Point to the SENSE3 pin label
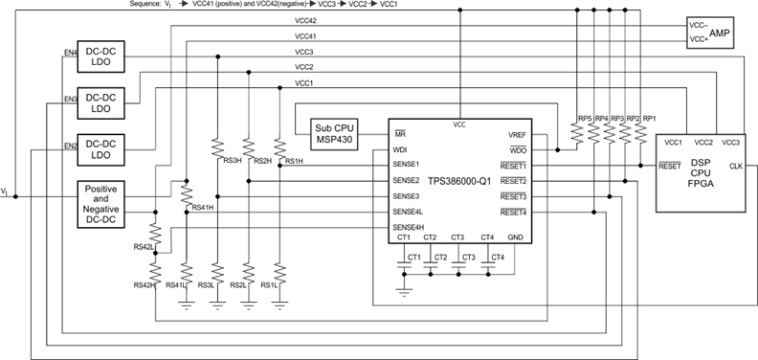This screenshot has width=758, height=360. [408, 195]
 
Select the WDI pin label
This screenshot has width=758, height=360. [400, 149]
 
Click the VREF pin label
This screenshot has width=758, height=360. [516, 135]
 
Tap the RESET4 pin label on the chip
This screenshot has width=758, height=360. [513, 212]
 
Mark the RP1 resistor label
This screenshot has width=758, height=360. [649, 119]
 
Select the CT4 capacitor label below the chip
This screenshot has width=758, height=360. [498, 257]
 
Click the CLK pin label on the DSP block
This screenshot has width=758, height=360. [736, 166]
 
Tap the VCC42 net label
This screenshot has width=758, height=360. [305, 20]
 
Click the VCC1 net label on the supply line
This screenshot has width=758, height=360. [304, 83]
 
